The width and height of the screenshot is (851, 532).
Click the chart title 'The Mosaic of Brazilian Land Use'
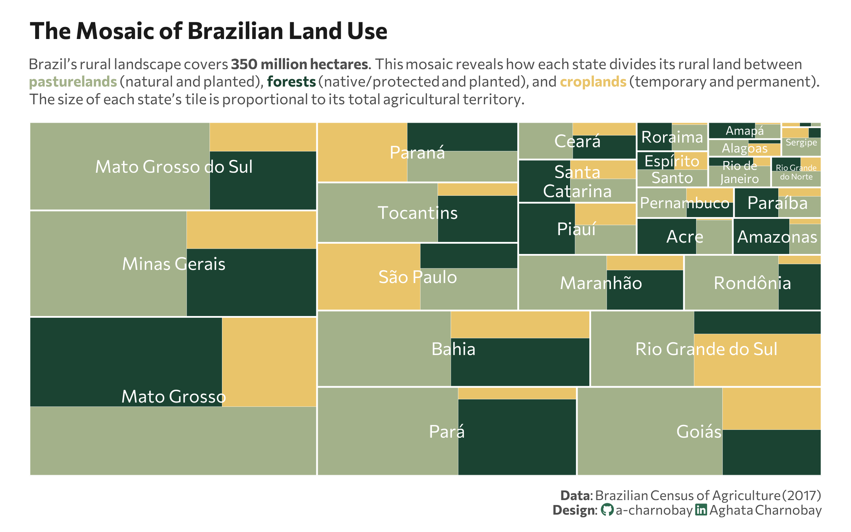pyautogui.click(x=208, y=31)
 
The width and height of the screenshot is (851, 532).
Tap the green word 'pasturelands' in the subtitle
pyautogui.click(x=73, y=82)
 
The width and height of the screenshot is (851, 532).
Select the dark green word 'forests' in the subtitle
pyautogui.click(x=291, y=82)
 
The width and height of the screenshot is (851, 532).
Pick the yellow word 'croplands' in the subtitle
pyautogui.click(x=593, y=82)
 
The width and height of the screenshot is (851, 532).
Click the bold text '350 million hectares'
pyautogui.click(x=299, y=65)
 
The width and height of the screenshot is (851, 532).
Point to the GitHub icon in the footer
pyautogui.click(x=607, y=510)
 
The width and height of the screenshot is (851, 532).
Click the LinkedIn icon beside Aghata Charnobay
pyautogui.click(x=701, y=510)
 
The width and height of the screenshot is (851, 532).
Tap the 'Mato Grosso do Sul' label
pyautogui.click(x=174, y=167)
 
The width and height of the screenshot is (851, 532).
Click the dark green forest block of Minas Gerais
pyautogui.click(x=251, y=282)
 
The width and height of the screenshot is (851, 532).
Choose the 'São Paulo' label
pyautogui.click(x=417, y=277)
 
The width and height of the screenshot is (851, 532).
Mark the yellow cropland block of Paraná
pyautogui.click(x=362, y=153)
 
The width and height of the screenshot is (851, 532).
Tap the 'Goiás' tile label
pyautogui.click(x=699, y=432)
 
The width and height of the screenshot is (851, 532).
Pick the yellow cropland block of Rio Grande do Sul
pyautogui.click(x=757, y=360)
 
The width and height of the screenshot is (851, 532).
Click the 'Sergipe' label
pyautogui.click(x=801, y=143)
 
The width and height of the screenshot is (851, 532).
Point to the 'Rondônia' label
pyautogui.click(x=752, y=283)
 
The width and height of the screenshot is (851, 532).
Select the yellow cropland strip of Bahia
pyautogui.click(x=520, y=325)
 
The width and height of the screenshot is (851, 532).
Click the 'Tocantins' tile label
pyautogui.click(x=417, y=213)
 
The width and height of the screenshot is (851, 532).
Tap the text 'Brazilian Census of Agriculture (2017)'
pyautogui.click(x=708, y=495)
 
